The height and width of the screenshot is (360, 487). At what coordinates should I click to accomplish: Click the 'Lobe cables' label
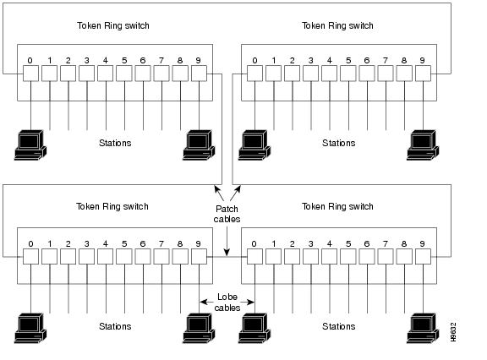click(x=227, y=303)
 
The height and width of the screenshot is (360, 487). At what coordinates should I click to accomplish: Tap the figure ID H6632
click(x=454, y=331)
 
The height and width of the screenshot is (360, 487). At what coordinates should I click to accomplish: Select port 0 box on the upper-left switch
click(x=30, y=74)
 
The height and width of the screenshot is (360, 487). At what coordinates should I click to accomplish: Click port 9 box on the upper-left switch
click(x=198, y=74)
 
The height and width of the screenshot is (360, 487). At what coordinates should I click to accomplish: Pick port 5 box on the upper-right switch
click(x=348, y=74)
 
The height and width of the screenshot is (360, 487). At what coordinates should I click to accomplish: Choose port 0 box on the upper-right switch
click(x=254, y=74)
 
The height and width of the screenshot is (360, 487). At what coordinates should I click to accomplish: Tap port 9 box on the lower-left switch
click(x=198, y=256)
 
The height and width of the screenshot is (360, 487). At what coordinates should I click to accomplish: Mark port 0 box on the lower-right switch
click(x=254, y=256)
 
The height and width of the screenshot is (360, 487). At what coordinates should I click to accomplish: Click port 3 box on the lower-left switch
click(x=86, y=256)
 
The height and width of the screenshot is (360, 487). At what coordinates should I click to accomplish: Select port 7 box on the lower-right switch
click(x=386, y=256)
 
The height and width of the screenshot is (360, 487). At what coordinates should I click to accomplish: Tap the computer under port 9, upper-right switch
click(x=421, y=145)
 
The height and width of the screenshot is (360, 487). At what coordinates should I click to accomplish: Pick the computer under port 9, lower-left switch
click(x=199, y=328)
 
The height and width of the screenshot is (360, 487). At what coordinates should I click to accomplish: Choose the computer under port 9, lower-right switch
click(x=421, y=328)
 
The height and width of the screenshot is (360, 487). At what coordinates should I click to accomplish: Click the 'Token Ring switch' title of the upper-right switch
click(x=337, y=25)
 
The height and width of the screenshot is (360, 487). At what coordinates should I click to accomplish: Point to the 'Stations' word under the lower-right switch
click(x=338, y=326)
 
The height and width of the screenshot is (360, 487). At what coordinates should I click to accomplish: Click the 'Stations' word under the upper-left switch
click(x=115, y=143)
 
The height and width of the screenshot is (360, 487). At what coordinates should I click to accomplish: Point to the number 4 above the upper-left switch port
click(x=105, y=60)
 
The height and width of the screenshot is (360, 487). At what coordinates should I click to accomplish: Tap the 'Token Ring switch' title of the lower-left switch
click(x=112, y=206)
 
